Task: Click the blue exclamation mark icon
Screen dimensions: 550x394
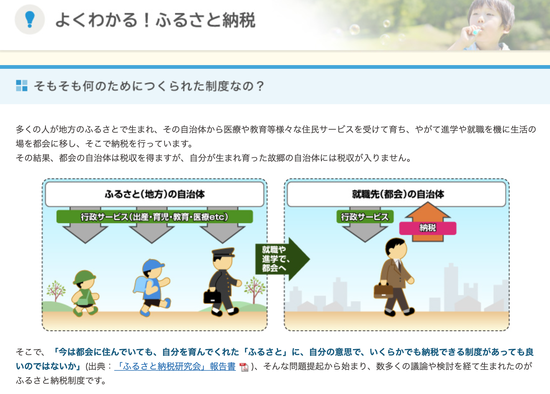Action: click(x=30, y=20)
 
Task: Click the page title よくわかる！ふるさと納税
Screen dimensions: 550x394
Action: click(x=156, y=20)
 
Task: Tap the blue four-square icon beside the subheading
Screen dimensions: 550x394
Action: click(x=22, y=86)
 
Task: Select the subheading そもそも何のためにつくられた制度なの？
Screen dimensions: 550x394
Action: click(x=149, y=86)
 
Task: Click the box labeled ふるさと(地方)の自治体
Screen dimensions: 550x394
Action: click(x=155, y=194)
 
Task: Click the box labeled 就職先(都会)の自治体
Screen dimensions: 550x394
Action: click(x=396, y=194)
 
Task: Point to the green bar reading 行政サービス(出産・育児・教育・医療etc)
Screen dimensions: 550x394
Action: click(x=155, y=217)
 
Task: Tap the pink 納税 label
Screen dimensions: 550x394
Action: click(x=428, y=228)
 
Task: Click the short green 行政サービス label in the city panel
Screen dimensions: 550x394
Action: click(x=365, y=217)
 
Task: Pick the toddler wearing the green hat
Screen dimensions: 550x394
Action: click(x=84, y=293)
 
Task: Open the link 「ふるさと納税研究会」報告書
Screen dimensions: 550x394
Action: click(x=175, y=366)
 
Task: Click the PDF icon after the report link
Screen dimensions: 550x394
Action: click(x=244, y=367)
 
